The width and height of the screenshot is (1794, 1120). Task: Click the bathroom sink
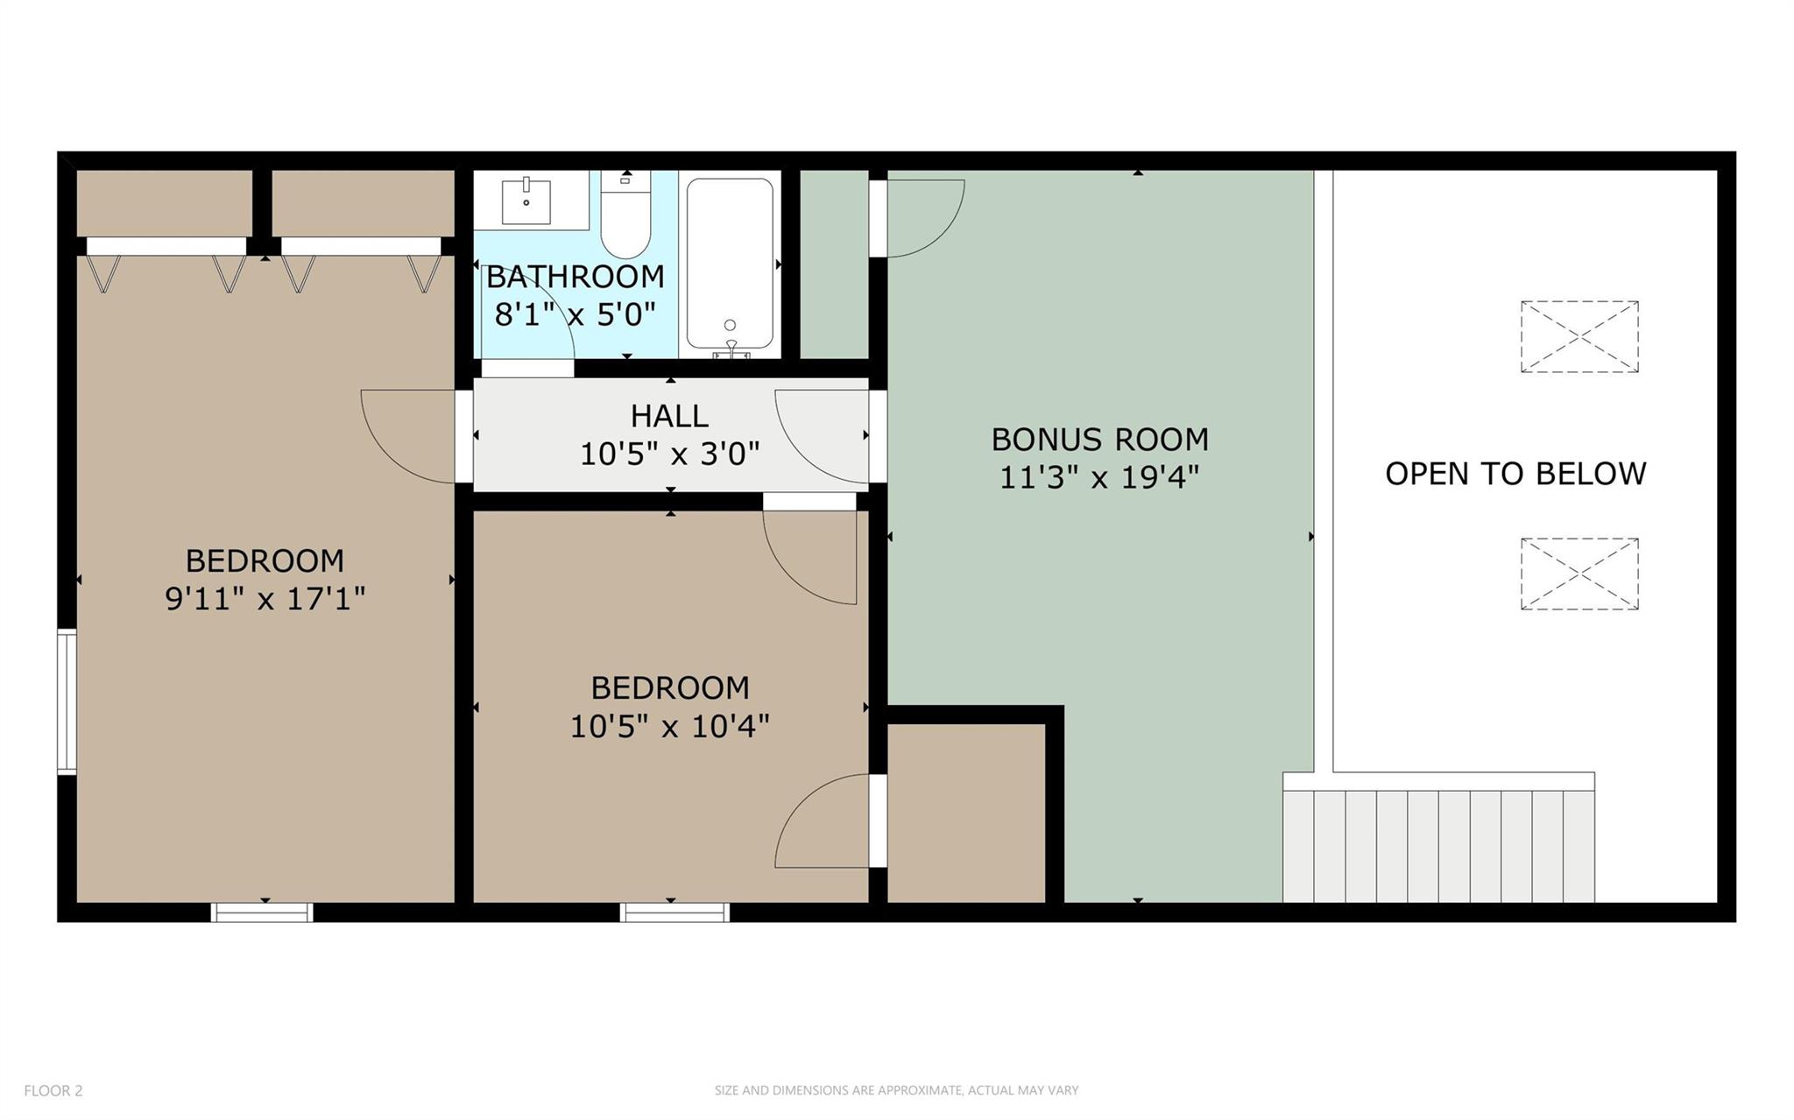coord(526,202)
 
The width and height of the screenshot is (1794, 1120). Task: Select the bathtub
coord(730,263)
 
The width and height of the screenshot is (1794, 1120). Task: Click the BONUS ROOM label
coord(1099,439)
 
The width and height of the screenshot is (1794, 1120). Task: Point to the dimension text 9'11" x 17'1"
coord(265,599)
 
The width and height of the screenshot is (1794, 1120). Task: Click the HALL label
coord(669,416)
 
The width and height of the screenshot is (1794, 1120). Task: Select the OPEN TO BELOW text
coord(1515,474)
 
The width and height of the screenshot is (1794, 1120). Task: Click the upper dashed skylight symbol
coord(1579,336)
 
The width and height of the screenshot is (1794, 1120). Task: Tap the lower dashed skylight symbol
coord(1579,574)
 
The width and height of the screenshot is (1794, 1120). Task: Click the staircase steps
coord(1437,845)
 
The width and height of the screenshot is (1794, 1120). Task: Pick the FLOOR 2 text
coord(53,1090)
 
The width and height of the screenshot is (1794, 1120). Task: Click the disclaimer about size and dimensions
coord(896,1090)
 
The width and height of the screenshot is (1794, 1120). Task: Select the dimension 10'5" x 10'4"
coord(669,726)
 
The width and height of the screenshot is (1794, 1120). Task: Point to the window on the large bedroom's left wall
coord(67,701)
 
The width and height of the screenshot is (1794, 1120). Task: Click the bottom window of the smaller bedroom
coord(675,912)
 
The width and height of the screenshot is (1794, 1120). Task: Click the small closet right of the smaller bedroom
coord(966,813)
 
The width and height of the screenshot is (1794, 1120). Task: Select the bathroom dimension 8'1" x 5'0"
coord(575,313)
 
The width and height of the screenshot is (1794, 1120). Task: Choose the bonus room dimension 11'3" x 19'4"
coord(1099,477)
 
